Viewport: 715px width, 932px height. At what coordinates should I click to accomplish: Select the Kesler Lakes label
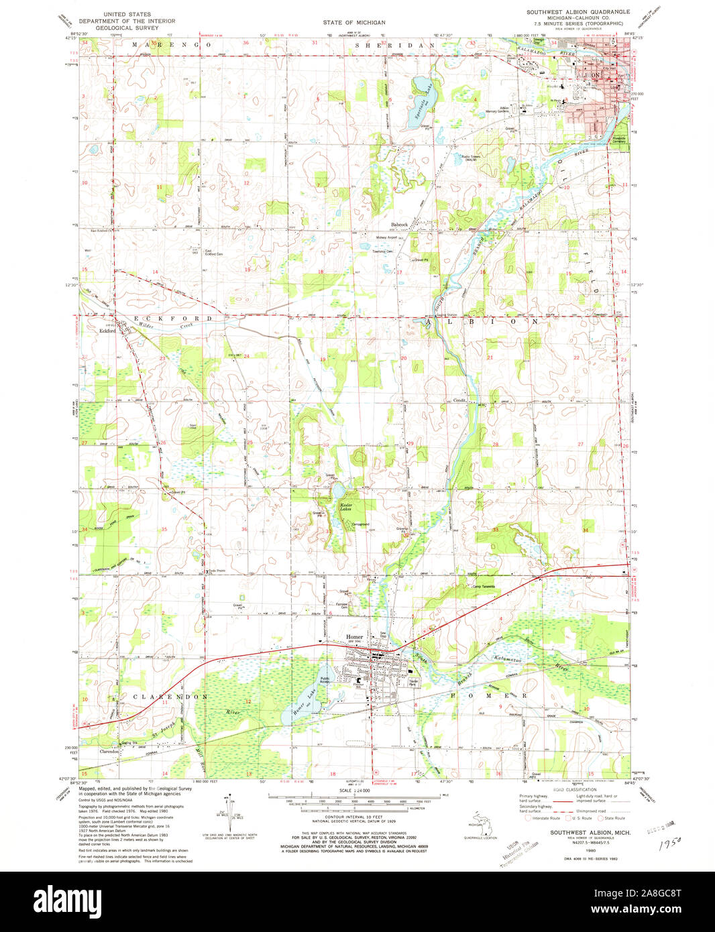click(x=347, y=506)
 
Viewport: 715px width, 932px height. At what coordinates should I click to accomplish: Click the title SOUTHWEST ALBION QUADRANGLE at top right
click(x=577, y=12)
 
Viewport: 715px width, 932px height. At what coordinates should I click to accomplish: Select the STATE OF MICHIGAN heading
click(x=353, y=22)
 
